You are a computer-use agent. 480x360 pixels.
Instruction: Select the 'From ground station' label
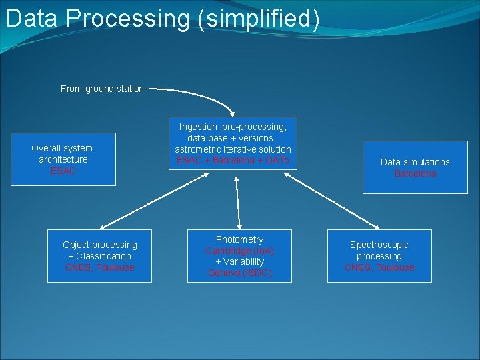(102, 89)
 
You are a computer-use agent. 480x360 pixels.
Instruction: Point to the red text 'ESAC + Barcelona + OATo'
(233, 161)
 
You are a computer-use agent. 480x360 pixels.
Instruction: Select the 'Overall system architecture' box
(63, 159)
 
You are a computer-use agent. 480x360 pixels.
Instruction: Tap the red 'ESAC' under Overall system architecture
(63, 171)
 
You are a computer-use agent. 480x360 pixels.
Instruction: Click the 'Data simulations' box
(415, 167)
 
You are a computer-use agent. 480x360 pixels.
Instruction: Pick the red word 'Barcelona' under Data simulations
(415, 173)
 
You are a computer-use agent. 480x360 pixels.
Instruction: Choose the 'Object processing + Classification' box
(99, 256)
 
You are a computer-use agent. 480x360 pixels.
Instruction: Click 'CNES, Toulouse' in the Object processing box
(99, 267)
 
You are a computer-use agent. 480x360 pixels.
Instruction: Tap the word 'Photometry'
(239, 239)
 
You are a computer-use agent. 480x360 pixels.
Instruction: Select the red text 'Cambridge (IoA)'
(239, 251)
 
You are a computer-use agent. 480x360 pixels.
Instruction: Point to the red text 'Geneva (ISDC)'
(239, 273)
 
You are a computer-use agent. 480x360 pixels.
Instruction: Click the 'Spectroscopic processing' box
(379, 256)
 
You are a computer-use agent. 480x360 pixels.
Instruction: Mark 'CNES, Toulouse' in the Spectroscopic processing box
(379, 267)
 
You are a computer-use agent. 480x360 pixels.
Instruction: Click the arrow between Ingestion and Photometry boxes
(237, 200)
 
